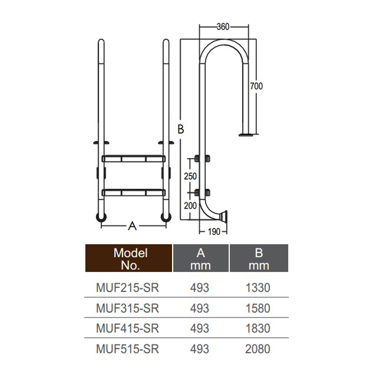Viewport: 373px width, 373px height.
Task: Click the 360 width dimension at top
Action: [x=224, y=27]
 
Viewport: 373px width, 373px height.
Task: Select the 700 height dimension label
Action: [x=257, y=85]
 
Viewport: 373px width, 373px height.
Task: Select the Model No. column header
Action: [x=130, y=258]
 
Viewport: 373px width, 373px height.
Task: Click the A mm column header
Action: [x=200, y=258]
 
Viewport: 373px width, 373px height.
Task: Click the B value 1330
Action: [x=258, y=288]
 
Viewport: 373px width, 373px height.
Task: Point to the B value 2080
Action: [x=258, y=350]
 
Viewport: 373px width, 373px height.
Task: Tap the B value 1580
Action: [x=258, y=309]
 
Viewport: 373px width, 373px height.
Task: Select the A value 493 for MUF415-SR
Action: [x=200, y=329]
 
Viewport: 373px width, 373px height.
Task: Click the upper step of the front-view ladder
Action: [x=133, y=158]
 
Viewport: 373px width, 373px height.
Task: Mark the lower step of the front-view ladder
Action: [x=133, y=191]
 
